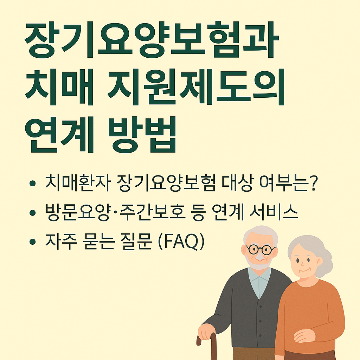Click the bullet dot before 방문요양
click(x=33, y=213)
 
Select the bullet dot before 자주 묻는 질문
click(x=33, y=242)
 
